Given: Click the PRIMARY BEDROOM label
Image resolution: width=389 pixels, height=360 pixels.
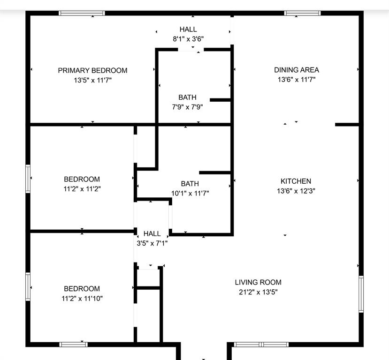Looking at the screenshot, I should [92, 70].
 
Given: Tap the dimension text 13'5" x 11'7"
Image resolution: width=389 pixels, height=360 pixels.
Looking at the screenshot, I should [92, 80].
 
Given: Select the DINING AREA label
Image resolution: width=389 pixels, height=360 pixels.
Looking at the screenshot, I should [296, 70].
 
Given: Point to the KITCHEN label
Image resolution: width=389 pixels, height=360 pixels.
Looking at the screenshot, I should [296, 181].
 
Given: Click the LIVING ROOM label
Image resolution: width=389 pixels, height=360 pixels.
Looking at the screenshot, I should [258, 282].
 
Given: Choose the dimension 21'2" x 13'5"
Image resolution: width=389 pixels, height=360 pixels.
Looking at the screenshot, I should [258, 292].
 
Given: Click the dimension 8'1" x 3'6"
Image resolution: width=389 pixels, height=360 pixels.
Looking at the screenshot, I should [188, 39].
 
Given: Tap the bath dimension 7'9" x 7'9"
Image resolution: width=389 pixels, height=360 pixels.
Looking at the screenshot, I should [187, 107].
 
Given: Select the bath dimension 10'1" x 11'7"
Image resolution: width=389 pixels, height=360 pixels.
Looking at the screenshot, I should [190, 193].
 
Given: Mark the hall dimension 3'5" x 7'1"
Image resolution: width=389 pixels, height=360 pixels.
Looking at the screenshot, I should [152, 243].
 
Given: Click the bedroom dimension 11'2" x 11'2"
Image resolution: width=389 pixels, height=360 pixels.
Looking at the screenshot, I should [82, 189].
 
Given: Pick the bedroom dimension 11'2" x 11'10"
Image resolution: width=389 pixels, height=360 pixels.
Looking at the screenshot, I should [82, 299].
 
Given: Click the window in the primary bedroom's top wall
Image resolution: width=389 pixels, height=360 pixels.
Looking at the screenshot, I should [82, 13].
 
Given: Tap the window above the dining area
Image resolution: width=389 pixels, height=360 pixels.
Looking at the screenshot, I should [303, 13].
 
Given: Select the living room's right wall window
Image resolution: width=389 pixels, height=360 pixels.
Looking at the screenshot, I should [361, 294].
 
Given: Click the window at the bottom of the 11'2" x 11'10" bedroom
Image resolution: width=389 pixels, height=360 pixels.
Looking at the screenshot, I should [74, 345].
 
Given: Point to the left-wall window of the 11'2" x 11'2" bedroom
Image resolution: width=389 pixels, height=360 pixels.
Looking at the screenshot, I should [28, 179].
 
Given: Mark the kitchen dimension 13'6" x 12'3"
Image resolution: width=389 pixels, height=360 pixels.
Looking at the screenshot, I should [296, 191].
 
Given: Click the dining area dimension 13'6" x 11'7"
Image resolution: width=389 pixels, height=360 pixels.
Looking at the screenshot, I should [296, 80].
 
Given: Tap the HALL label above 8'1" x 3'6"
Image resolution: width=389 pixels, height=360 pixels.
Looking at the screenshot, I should [188, 30].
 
